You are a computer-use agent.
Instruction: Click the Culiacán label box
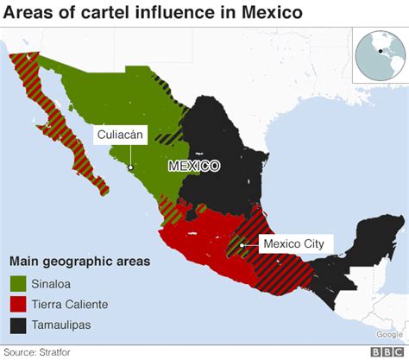click(x=122, y=134)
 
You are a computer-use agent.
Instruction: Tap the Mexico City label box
click(x=293, y=244)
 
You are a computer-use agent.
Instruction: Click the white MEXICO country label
click(x=194, y=166)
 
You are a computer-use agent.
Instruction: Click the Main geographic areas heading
click(x=79, y=261)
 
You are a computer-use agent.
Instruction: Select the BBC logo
click(x=387, y=351)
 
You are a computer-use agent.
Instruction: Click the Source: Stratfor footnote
click(x=37, y=351)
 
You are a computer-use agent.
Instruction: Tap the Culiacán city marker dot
click(x=130, y=169)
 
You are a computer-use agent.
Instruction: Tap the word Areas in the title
click(x=35, y=13)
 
